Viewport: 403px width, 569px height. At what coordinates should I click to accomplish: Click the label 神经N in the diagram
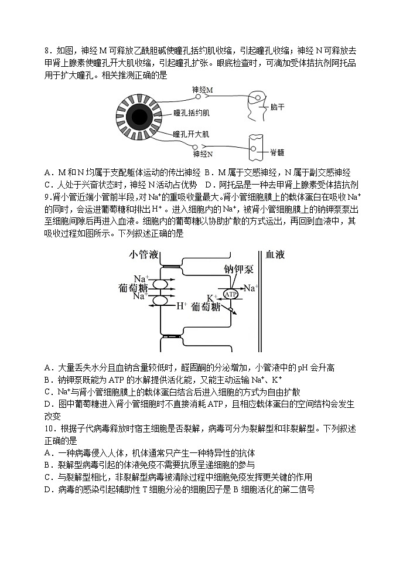click(202, 154)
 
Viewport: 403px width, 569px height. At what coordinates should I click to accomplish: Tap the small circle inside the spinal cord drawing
click(254, 148)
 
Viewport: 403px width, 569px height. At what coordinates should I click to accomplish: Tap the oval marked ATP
click(231, 294)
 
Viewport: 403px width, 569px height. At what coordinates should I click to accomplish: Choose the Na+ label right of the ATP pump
click(251, 288)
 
